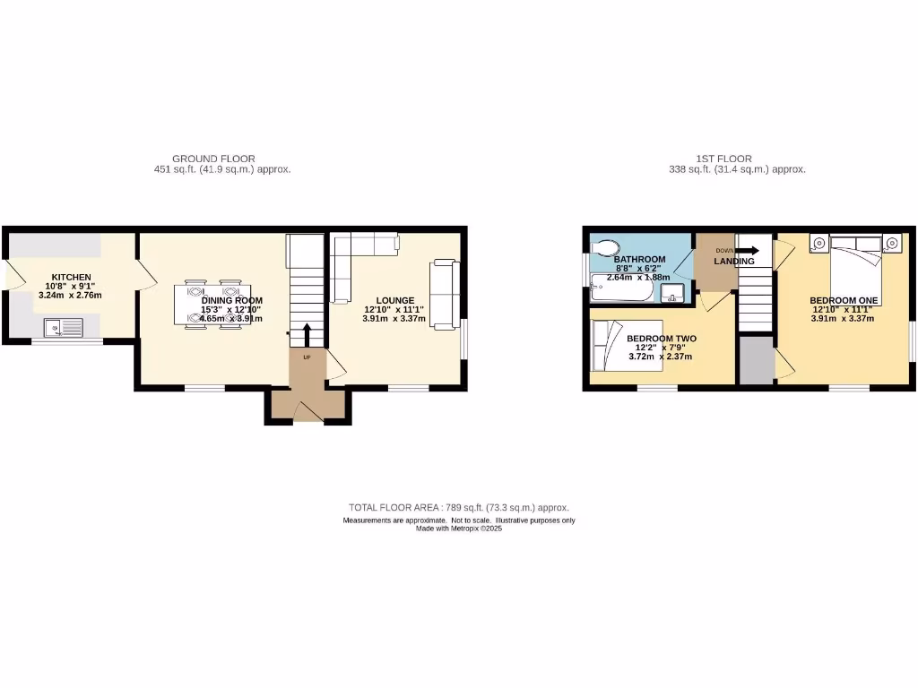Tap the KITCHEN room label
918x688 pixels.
(71, 277)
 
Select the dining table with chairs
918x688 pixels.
(213, 305)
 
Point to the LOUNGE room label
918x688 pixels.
(394, 300)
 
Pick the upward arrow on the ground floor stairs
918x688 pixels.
(307, 334)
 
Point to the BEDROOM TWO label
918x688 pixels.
(661, 339)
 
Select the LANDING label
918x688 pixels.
(733, 261)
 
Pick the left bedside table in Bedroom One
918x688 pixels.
(819, 243)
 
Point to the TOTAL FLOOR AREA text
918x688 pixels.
(458, 507)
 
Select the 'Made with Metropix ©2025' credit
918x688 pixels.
(458, 529)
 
